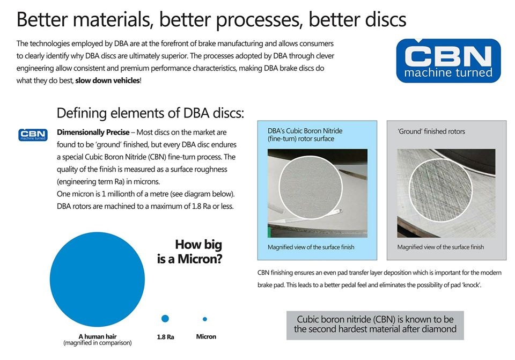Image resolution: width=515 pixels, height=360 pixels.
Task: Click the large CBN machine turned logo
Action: [448, 61]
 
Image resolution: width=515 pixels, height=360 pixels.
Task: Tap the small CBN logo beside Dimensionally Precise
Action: [33, 135]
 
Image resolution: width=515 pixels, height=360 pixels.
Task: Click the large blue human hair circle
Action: [97, 279]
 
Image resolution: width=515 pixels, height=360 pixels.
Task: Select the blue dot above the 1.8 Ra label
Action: [165, 318]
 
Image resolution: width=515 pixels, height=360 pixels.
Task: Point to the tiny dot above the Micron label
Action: [205, 319]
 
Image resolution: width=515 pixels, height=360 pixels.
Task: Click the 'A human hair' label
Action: [98, 336]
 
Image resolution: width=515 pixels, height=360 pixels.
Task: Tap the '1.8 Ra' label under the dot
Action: [166, 337]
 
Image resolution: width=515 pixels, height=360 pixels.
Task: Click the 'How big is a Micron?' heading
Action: [189, 252]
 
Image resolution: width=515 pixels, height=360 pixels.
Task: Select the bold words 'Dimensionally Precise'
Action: [93, 132]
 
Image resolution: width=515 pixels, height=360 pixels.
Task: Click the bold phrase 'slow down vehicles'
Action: [107, 80]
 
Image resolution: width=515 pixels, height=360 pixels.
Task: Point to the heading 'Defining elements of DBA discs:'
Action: [150, 113]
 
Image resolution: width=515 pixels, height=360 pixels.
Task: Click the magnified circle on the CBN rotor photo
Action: [311, 187]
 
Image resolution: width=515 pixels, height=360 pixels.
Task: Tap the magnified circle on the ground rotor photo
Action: [440, 191]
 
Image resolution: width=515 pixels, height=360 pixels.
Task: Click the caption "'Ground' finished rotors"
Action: [431, 131]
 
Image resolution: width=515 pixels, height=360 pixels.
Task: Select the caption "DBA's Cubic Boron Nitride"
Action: [305, 131]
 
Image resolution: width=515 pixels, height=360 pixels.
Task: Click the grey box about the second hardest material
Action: [375, 325]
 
